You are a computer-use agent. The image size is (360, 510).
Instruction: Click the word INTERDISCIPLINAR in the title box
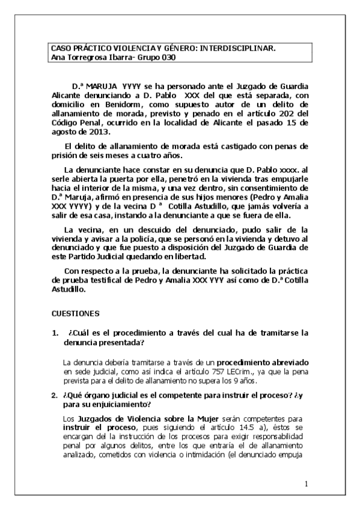coord(240,48)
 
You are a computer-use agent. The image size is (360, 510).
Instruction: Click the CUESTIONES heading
coord(71,313)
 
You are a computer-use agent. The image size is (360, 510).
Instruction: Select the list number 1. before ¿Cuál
coord(55,333)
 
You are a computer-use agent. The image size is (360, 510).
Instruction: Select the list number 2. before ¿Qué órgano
coord(55,395)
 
